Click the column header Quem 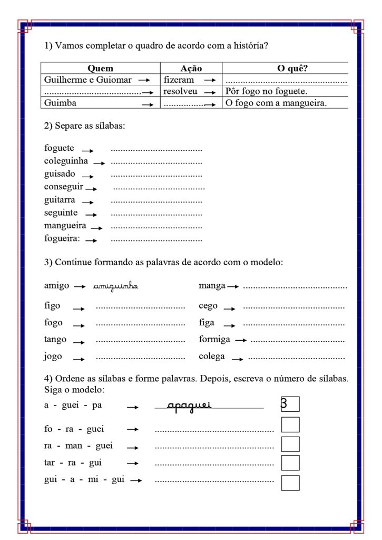coord(100,69)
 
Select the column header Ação coord(191,69)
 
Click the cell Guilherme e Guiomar coord(87,80)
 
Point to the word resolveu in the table coord(180,91)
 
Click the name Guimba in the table coord(60,103)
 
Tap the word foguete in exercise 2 coord(59,148)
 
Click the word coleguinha coord(66,161)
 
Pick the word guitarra coord(60,200)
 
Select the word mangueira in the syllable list coord(65,226)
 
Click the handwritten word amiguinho coord(115,286)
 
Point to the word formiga coord(214,340)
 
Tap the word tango coord(55,340)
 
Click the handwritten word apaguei coord(189,405)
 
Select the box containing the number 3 coord(290,404)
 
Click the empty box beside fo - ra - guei coord(290,425)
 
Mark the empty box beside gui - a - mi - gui coord(290,483)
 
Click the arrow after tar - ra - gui coord(133,463)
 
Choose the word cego coord(208,306)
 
